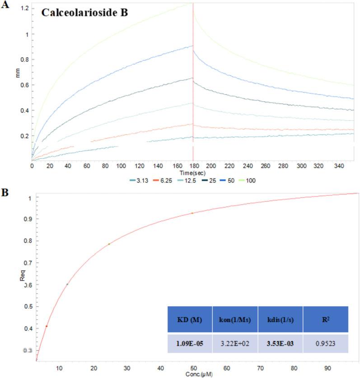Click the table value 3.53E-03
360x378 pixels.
280,343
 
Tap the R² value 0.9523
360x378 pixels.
325,343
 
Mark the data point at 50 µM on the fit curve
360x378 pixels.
192,213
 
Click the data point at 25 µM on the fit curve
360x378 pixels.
109,244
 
